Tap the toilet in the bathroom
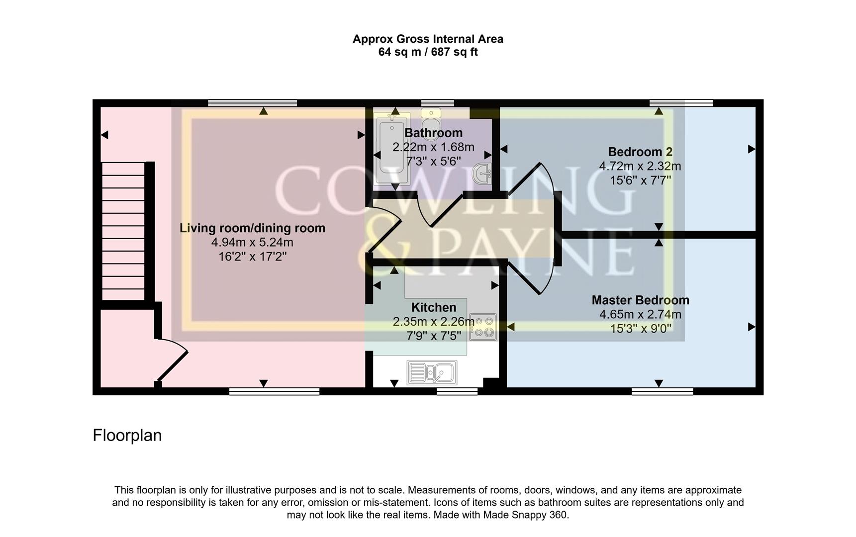(x=431, y=119)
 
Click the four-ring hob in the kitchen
(x=482, y=327)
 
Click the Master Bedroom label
(x=640, y=300)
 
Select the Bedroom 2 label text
(x=640, y=152)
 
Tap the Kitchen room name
(x=433, y=307)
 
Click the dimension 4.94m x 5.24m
(x=252, y=243)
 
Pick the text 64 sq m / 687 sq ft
(x=428, y=52)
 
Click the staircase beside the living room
(x=123, y=231)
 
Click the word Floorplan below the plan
(x=127, y=436)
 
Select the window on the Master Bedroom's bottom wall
(x=662, y=392)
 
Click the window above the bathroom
(x=437, y=103)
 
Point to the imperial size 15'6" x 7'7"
(x=640, y=180)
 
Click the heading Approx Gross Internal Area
(x=428, y=39)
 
